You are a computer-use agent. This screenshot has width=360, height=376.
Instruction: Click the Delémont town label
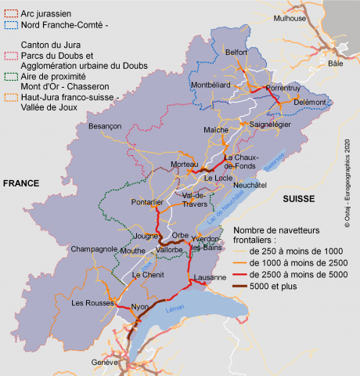coord(310,103)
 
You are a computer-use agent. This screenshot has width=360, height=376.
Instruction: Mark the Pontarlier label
coord(147,202)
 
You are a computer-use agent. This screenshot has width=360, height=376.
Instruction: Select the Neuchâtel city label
coord(250,185)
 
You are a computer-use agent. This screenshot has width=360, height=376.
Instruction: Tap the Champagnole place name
coord(93,249)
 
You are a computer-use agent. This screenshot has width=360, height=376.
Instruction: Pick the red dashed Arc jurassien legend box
coord(10,13)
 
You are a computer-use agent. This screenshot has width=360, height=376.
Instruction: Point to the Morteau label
coord(185,164)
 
